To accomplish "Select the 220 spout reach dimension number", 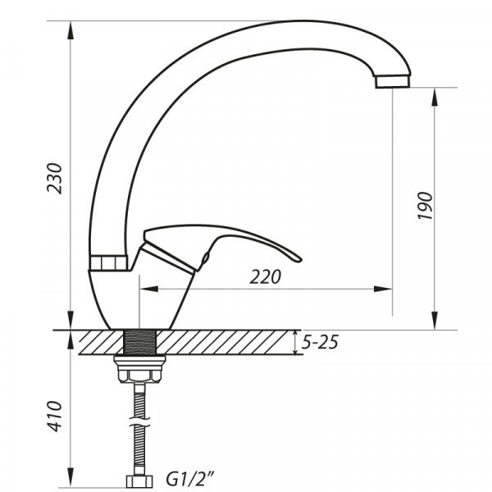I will [265, 277].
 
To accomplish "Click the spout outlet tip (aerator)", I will [392, 82].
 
